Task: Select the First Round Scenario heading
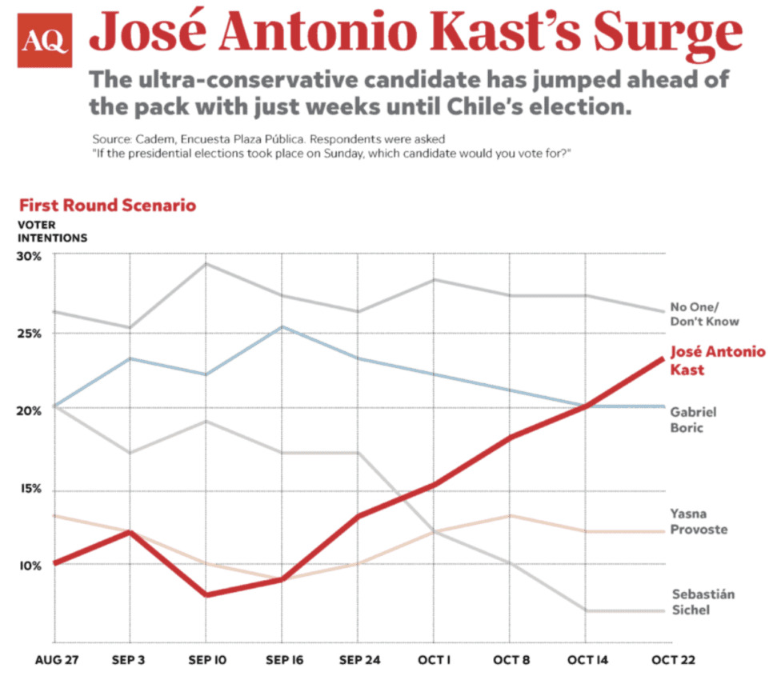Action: tap(107, 205)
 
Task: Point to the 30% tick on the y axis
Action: tap(30, 256)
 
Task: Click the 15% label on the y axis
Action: tap(30, 490)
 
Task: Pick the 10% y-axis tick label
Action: tap(30, 566)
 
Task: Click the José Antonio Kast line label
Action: tap(716, 360)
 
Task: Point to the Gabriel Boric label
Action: tap(692, 419)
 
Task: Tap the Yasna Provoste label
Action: tap(699, 522)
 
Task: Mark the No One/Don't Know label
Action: tap(703, 314)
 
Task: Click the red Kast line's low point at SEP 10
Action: tap(206, 594)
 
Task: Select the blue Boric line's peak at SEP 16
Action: tap(281, 326)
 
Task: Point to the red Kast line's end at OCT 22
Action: tap(662, 358)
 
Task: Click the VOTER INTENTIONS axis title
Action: tap(52, 231)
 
